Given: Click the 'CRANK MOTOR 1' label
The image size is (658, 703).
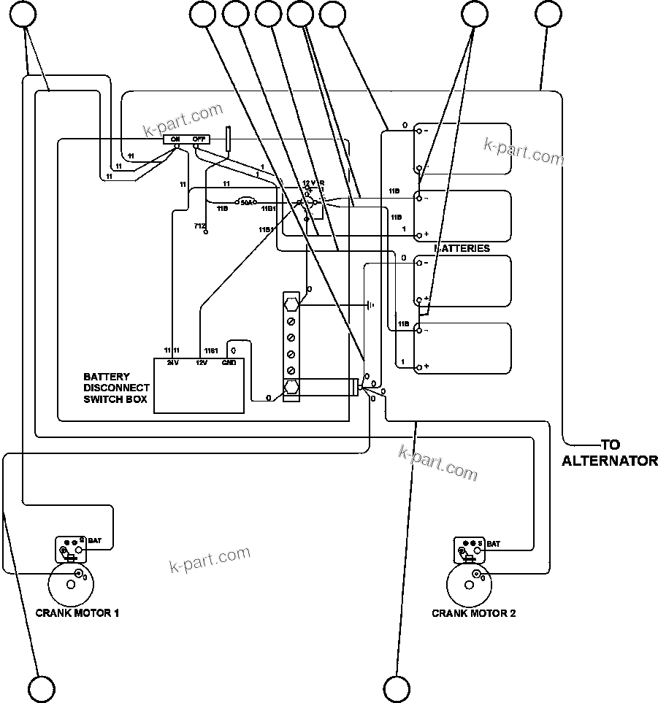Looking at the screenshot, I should (77, 613).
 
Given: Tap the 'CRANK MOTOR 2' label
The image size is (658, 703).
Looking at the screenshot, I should (474, 613).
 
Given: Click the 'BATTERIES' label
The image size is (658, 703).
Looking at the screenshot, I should (463, 248).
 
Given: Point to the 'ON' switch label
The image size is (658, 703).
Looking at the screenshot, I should (175, 139).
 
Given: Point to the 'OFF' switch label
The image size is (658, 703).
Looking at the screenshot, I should (199, 139).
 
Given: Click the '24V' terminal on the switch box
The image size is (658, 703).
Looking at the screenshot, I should (173, 361).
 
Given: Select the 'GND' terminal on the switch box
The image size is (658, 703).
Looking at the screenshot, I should (229, 361).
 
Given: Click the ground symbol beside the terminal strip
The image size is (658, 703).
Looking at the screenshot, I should (371, 304).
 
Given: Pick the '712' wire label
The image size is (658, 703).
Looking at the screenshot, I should (199, 226).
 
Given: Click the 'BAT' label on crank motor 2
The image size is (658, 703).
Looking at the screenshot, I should (493, 544).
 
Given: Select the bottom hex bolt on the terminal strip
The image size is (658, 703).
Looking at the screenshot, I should (291, 387).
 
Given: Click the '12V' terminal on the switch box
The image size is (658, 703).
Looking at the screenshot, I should (202, 361).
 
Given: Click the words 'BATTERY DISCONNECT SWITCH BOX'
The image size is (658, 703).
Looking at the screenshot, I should (117, 388).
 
